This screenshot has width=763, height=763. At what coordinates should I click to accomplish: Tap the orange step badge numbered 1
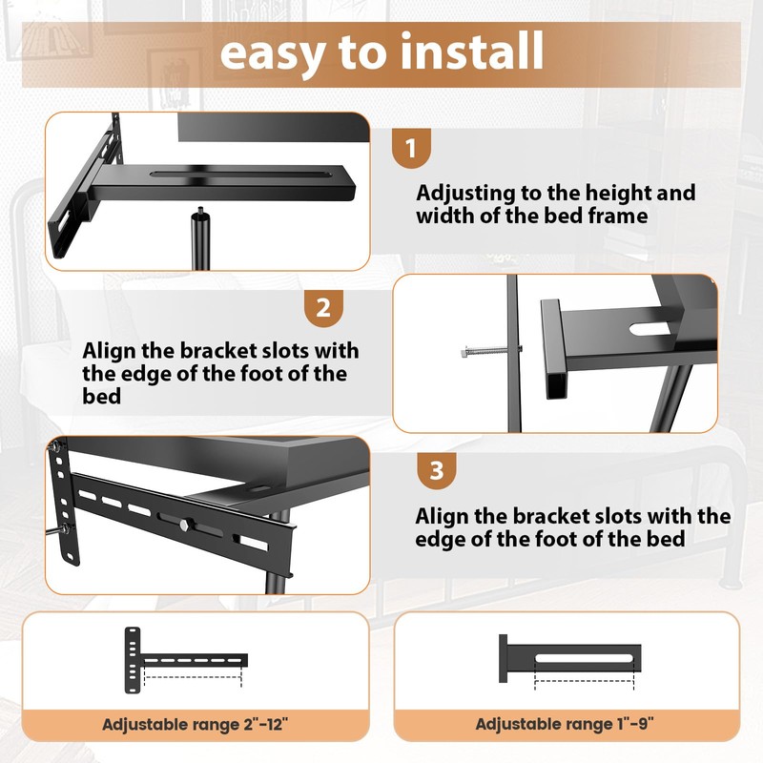coord(412,149)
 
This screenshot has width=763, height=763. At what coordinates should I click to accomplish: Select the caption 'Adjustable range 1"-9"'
coord(565,724)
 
